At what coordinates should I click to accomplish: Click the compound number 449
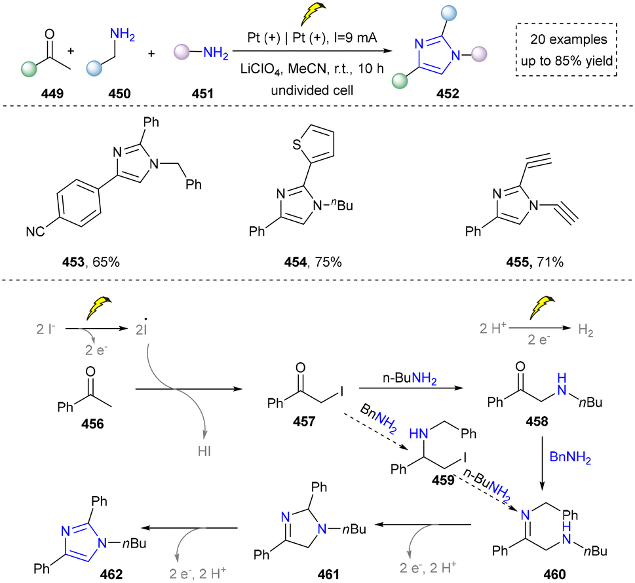coord(52,94)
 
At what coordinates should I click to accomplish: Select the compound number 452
coord(448,94)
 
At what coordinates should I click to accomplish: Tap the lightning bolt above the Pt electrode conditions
coord(313,14)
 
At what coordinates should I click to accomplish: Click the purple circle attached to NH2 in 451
coord(182,52)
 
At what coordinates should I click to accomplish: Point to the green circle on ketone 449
coord(29,68)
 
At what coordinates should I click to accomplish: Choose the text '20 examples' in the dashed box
coord(569,39)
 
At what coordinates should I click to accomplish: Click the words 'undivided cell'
coord(312,90)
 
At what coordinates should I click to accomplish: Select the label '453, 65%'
coord(90,262)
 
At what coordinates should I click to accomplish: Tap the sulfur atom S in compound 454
coord(297,145)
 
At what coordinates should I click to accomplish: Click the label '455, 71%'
coord(535,262)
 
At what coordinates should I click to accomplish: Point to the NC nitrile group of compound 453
coord(35,232)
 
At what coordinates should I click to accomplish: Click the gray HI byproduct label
coord(204,451)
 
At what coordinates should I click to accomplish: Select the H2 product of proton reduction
coord(586,330)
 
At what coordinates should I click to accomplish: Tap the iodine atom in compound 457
coord(342,392)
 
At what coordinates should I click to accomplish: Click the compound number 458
coord(537,421)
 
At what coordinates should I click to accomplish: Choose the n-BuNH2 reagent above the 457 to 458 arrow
coord(410,379)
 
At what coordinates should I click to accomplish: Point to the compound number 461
coord(328,574)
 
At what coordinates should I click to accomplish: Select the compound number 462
coord(111,574)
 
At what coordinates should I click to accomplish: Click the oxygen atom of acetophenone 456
coord(90,371)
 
